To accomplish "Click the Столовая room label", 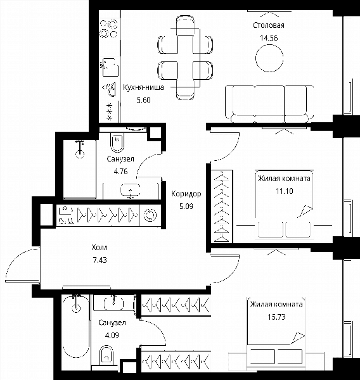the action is (269, 25).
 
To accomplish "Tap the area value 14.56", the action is (269, 38).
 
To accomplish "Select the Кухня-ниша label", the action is (143, 87).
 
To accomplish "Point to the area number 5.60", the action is (144, 100).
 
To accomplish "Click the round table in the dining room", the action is (269, 58).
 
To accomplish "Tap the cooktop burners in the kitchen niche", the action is (109, 29).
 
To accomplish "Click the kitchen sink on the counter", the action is (110, 67).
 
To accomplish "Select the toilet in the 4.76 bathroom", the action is (117, 142).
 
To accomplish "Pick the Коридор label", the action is (186, 194).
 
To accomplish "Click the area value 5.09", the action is (186, 206).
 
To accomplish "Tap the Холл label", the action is (100, 248).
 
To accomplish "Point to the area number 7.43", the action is (100, 260).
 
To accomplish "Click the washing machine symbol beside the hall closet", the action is (150, 215).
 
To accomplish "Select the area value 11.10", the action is (285, 191).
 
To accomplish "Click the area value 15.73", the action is (276, 317).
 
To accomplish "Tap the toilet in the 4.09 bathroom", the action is (106, 355).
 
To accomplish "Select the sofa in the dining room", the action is (269, 104).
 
